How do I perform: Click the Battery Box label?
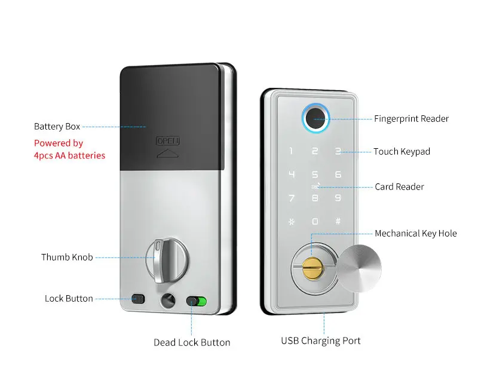click(x=57, y=127)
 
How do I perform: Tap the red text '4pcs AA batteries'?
click(x=69, y=156)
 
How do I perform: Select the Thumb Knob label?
click(x=67, y=258)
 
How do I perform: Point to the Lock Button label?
click(x=69, y=298)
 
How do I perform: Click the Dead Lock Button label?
click(x=192, y=342)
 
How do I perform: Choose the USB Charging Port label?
click(x=321, y=341)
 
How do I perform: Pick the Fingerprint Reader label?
click(x=411, y=119)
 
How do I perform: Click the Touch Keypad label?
click(x=402, y=152)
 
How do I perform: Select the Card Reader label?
click(x=399, y=187)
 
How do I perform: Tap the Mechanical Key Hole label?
click(x=415, y=234)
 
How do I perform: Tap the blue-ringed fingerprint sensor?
click(x=315, y=117)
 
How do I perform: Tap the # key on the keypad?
click(x=338, y=221)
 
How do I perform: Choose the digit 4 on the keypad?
click(x=292, y=175)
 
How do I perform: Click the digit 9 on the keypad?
click(x=338, y=198)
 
